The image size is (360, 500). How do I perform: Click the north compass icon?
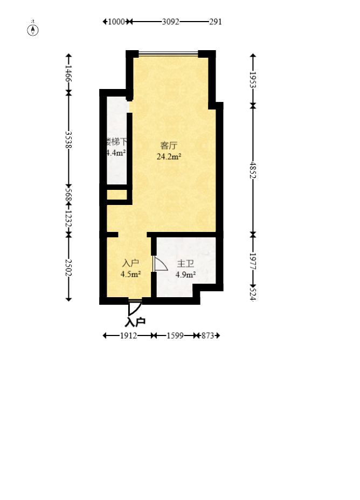pos(33,29)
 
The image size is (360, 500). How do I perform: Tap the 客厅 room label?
pos(169,146)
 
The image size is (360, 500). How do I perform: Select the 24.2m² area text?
pos(169,157)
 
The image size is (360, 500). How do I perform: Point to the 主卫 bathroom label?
pos(185,264)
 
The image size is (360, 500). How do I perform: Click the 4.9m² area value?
pos(185,275)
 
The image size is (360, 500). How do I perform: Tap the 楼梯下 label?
pos(117,142)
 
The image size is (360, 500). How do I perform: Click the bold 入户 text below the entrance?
pos(135,323)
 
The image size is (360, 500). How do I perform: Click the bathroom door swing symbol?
pos(160,264)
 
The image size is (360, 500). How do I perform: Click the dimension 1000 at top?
pos(116,22)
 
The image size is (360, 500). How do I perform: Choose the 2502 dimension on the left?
pos(68,267)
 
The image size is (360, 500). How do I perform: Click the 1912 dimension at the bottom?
pos(128,335)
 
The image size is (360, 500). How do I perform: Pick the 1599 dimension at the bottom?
pos(175,335)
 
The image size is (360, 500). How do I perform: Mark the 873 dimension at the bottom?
pos(209,335)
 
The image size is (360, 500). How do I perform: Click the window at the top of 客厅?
pos(168,54)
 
